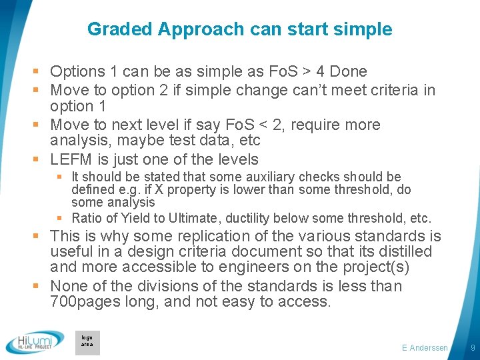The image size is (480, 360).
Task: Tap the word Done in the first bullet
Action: [349, 71]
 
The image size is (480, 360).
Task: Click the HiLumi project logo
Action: [35, 342]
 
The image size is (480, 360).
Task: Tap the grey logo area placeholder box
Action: [87, 342]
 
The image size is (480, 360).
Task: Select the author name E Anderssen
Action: [425, 348]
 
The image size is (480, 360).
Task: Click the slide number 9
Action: [472, 348]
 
